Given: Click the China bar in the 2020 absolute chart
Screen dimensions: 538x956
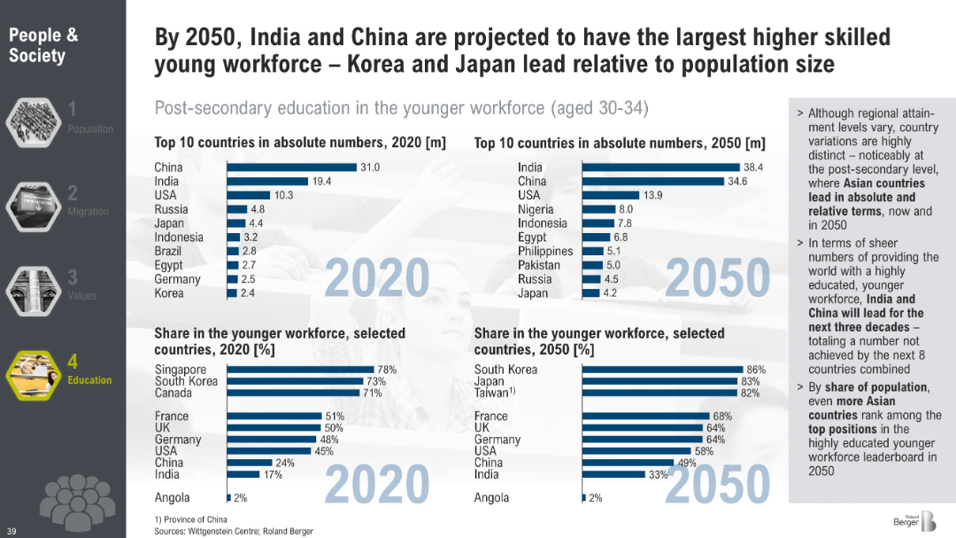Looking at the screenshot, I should point(292,167).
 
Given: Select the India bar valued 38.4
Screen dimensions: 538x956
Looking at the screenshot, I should point(659,167).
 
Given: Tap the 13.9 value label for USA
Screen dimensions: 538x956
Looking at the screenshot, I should point(653,195).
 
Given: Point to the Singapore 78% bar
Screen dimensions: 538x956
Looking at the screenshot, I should point(301,370).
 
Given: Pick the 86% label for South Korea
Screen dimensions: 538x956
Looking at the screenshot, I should point(756,370).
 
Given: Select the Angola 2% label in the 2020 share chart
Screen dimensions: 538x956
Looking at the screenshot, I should point(240,498).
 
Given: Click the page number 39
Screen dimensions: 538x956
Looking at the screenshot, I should point(12,531).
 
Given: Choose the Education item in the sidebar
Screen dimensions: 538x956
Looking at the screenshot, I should point(89,380).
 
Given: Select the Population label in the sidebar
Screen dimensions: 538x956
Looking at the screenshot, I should point(90,129).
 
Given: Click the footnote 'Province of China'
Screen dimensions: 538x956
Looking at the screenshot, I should point(190,519).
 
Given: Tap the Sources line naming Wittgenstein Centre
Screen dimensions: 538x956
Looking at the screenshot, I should point(234,531).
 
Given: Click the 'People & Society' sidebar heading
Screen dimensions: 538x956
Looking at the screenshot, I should point(43,45).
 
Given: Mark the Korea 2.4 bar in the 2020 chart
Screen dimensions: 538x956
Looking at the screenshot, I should point(232,293).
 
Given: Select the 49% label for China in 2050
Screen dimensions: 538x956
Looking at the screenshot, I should point(687,463).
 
